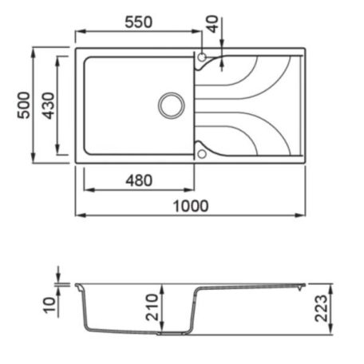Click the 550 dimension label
click(x=139, y=22)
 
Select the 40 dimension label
click(x=213, y=24)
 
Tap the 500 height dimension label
click(x=24, y=105)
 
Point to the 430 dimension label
click(x=48, y=105)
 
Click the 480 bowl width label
click(x=139, y=180)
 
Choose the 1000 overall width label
click(x=191, y=206)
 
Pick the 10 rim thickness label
click(x=50, y=305)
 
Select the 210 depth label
click(x=152, y=307)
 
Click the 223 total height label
click(x=321, y=308)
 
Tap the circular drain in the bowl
click(x=172, y=105)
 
